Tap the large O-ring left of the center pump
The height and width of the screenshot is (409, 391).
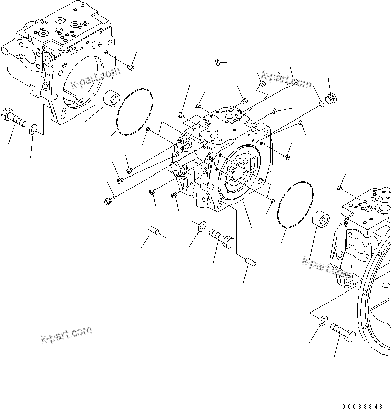pos(135,112)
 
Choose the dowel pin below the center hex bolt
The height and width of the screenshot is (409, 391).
pos(251,261)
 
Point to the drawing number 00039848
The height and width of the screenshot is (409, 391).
pos(366,404)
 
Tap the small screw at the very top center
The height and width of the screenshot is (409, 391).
pos(217,62)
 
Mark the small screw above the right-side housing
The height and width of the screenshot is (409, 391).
pos(339,188)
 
